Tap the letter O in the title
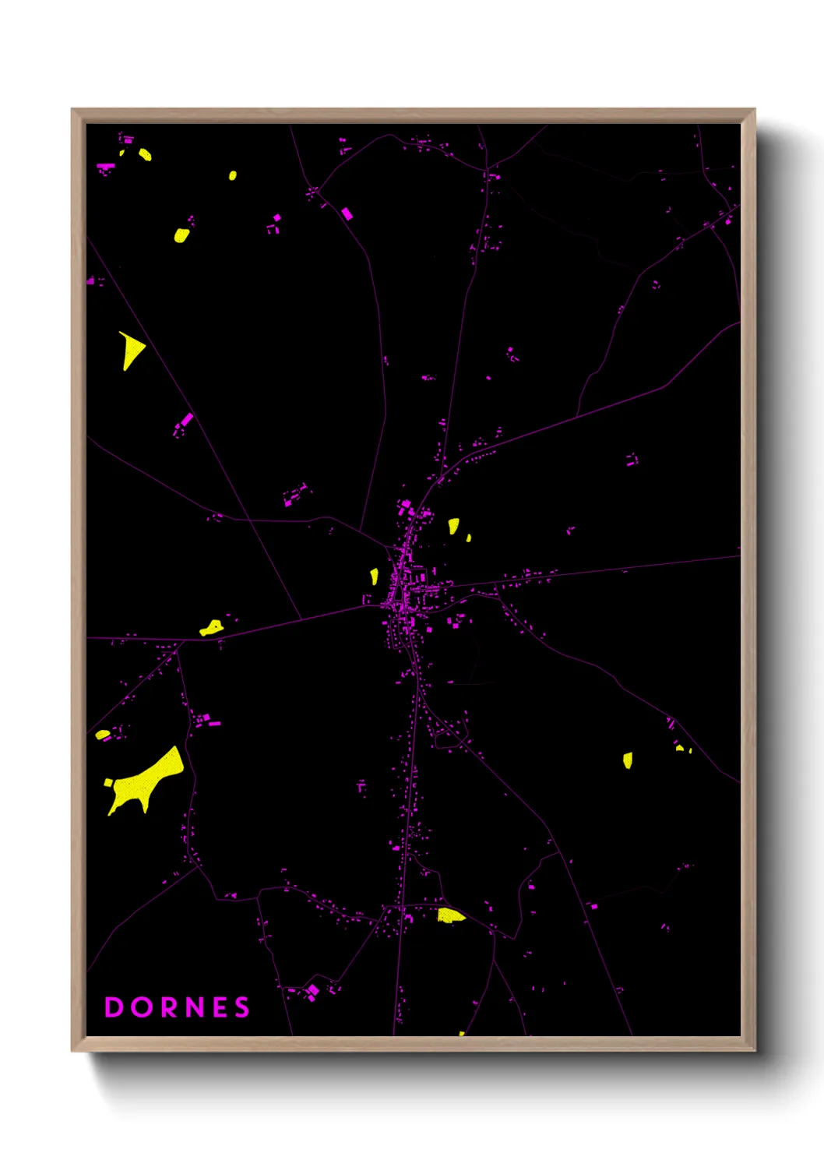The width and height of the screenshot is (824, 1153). tap(142, 1007)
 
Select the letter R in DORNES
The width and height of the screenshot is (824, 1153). tap(170, 1007)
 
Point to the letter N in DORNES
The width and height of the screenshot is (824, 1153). tap(196, 1007)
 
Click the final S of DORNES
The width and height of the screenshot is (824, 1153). tap(242, 1007)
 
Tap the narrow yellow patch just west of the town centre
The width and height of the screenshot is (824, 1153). tap(374, 576)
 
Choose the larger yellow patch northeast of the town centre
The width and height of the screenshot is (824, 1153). tap(453, 526)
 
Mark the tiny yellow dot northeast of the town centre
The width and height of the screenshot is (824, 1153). tap(468, 538)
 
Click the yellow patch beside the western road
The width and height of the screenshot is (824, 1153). tap(211, 627)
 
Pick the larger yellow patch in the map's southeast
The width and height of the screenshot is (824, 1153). tap(628, 760)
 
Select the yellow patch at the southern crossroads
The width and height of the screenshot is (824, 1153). tap(449, 915)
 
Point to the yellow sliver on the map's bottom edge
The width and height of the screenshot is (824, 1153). tap(462, 1034)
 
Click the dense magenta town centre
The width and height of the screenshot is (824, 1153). tap(403, 592)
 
